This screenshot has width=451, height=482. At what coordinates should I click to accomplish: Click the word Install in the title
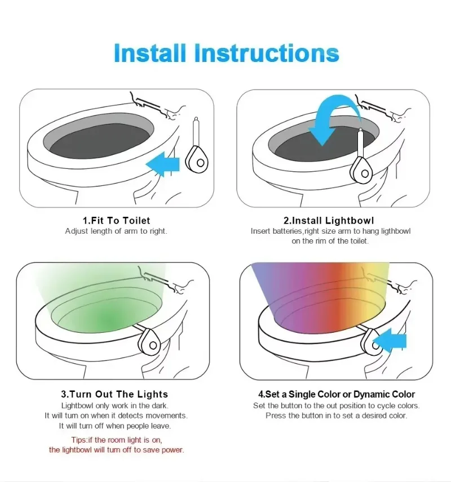pyautogui.click(x=150, y=53)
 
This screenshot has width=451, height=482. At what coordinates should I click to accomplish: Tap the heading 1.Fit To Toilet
pyautogui.click(x=117, y=220)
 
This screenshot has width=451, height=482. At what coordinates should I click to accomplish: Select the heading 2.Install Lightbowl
pyautogui.click(x=329, y=220)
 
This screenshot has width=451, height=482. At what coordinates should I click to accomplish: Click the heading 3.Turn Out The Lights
pyautogui.click(x=115, y=394)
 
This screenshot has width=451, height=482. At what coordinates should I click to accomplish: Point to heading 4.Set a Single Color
pyautogui.click(x=337, y=394)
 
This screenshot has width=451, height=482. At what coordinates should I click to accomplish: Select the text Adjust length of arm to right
pyautogui.click(x=116, y=231)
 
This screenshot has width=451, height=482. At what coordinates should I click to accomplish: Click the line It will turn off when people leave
pyautogui.click(x=115, y=426)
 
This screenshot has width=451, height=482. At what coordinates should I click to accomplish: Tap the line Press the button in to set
pyautogui.click(x=336, y=416)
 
